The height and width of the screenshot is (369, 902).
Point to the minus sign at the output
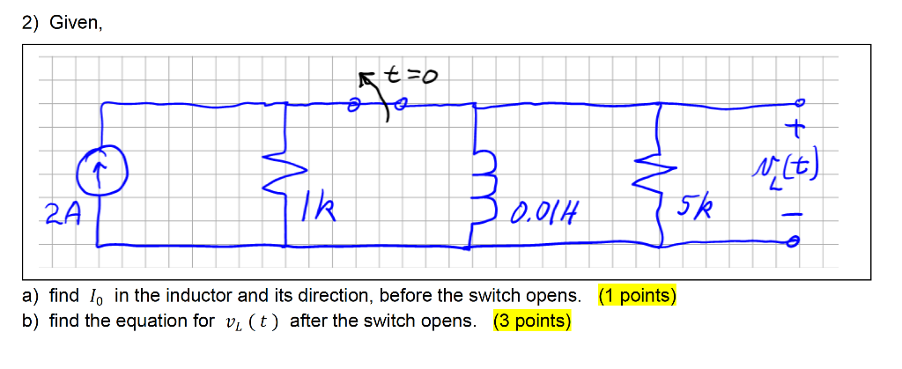(792, 212)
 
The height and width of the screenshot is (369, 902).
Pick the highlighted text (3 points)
(532, 321)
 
